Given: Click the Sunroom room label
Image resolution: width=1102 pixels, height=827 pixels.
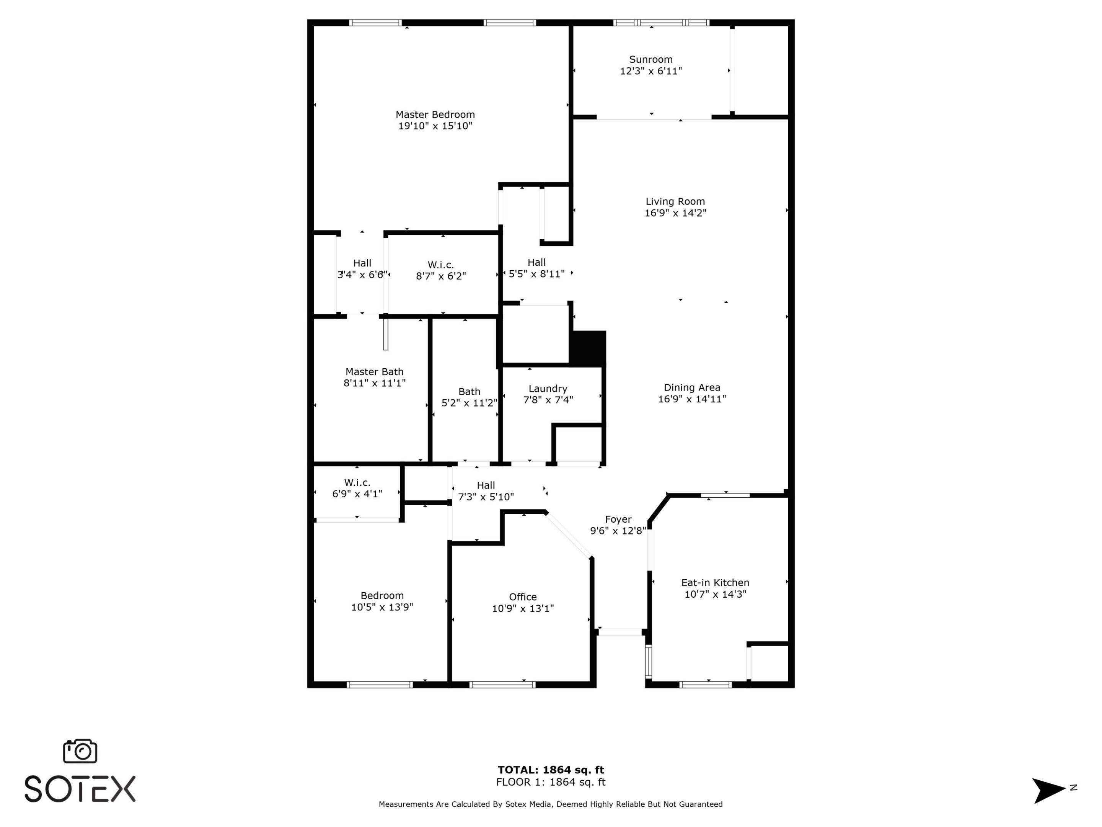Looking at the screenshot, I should pos(650,59).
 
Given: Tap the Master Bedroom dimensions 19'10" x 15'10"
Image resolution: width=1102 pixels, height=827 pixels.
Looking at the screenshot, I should pos(435,126).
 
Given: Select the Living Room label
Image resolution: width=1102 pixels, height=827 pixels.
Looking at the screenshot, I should pos(675,201).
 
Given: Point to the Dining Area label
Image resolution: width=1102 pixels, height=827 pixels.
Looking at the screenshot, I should pos(691,387).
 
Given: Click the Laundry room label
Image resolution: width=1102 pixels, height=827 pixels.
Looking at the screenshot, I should pos(548,388).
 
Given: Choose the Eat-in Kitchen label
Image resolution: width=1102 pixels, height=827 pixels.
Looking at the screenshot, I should pos(715,582).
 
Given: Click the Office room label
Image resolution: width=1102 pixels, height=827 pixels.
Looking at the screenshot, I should pos(523,597).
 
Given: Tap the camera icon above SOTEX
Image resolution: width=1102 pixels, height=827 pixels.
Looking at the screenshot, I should pos(80,751).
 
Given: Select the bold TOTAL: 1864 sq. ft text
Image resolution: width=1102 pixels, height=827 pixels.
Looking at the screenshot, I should pos(551,770).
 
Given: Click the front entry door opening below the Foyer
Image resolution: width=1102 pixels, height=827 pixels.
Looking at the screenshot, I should pos(620,632).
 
